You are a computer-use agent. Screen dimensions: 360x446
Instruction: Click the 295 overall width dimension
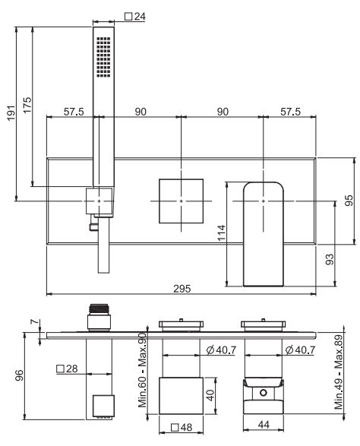click(182, 289)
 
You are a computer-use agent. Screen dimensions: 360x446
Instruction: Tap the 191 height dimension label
click(11, 112)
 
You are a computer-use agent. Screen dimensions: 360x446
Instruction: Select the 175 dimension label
click(27, 105)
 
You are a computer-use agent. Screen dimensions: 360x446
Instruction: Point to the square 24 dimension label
click(135, 17)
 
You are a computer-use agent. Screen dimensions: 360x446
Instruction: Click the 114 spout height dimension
click(222, 232)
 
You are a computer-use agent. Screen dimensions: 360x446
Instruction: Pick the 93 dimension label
click(330, 259)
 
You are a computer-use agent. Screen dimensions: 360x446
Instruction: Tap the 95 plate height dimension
click(349, 201)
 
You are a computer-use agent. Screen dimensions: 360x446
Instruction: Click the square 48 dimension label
click(182, 427)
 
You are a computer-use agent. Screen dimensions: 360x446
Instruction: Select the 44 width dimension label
click(264, 425)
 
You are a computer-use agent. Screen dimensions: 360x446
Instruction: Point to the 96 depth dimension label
click(19, 375)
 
